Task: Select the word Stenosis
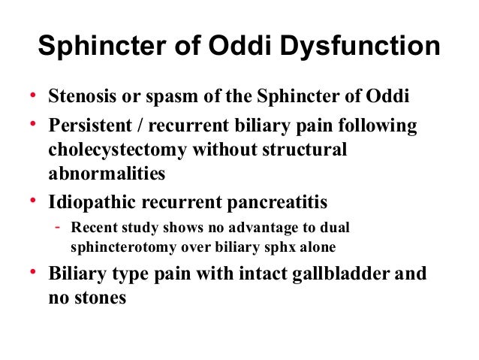coord(79,99)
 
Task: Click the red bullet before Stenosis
coord(32,98)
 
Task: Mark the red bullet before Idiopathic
coord(32,201)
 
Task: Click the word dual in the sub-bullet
coord(336,227)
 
